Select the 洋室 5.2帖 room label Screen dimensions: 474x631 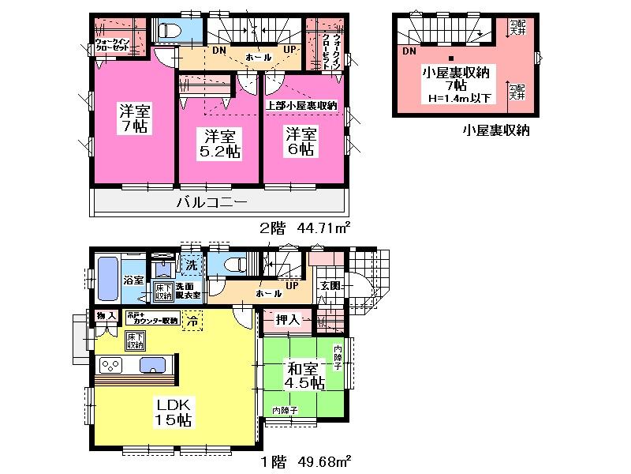pyautogui.click(x=218, y=142)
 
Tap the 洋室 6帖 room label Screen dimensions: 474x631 pyautogui.click(x=301, y=140)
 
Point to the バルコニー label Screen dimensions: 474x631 pyautogui.click(x=213, y=201)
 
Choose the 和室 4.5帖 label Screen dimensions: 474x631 pyautogui.click(x=304, y=375)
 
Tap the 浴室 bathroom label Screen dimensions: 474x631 pyautogui.click(x=133, y=280)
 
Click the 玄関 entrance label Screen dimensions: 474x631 pyautogui.click(x=330, y=285)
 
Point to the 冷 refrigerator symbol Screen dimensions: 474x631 pyautogui.click(x=192, y=320)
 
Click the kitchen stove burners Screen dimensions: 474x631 pyautogui.click(x=109, y=366)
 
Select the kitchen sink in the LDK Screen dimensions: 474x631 pyautogui.click(x=151, y=365)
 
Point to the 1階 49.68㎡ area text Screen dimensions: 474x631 pyautogui.click(x=305, y=460)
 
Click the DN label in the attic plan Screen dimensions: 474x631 pyautogui.click(x=409, y=51)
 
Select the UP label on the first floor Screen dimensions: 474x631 pyautogui.click(x=292, y=284)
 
